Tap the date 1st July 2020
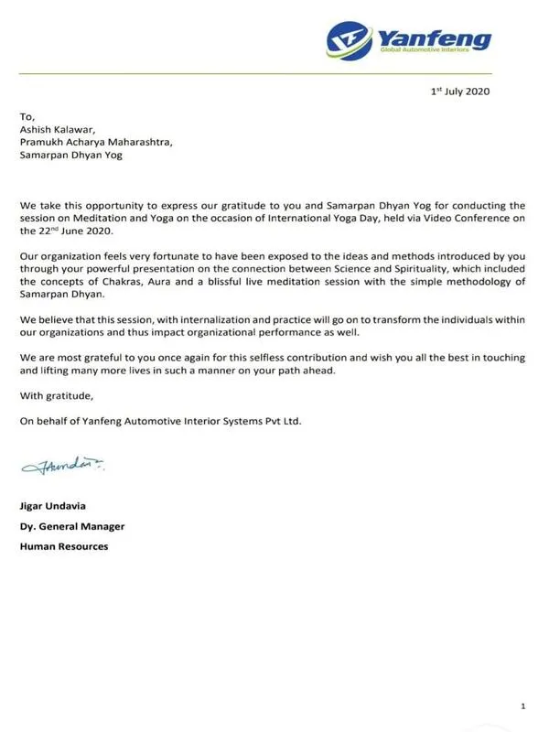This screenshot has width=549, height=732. (463, 91)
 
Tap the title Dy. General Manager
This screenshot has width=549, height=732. (72, 526)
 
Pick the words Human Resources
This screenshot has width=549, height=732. (64, 546)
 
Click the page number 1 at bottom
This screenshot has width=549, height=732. (522, 706)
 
